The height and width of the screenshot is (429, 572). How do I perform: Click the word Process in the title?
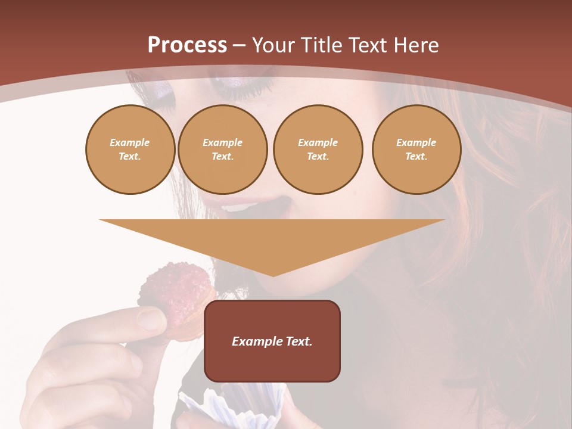tap(187, 45)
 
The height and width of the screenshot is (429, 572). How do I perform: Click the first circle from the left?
tap(130, 150)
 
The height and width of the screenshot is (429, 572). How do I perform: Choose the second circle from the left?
tap(222, 150)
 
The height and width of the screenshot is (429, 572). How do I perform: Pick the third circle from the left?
tap(318, 150)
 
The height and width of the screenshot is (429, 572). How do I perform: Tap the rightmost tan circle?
tap(416, 150)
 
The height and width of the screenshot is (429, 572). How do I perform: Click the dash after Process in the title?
tap(239, 45)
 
